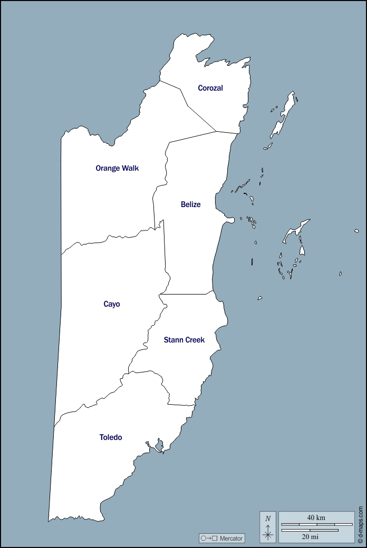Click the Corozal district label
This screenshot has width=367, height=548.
pyautogui.click(x=210, y=88)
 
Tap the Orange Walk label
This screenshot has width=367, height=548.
pyautogui.click(x=117, y=168)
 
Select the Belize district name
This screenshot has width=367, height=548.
pyautogui.click(x=190, y=204)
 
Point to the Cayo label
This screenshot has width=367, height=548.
pyautogui.click(x=112, y=304)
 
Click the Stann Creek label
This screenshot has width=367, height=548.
pyautogui.click(x=184, y=340)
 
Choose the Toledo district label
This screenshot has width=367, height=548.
pyautogui.click(x=111, y=437)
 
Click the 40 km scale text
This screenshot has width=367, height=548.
pyautogui.click(x=316, y=517)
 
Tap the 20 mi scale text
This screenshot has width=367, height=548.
pyautogui.click(x=310, y=537)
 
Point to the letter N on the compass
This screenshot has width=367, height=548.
pyautogui.click(x=268, y=518)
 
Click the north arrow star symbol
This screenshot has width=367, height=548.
pyautogui.click(x=268, y=535)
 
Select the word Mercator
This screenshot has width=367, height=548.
pyautogui.click(x=231, y=539)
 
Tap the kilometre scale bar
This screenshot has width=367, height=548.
pyautogui.click(x=316, y=524)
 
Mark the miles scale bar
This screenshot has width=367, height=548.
pyautogui.click(x=310, y=530)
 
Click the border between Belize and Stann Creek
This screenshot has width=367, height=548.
pyautogui.click(x=187, y=294)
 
